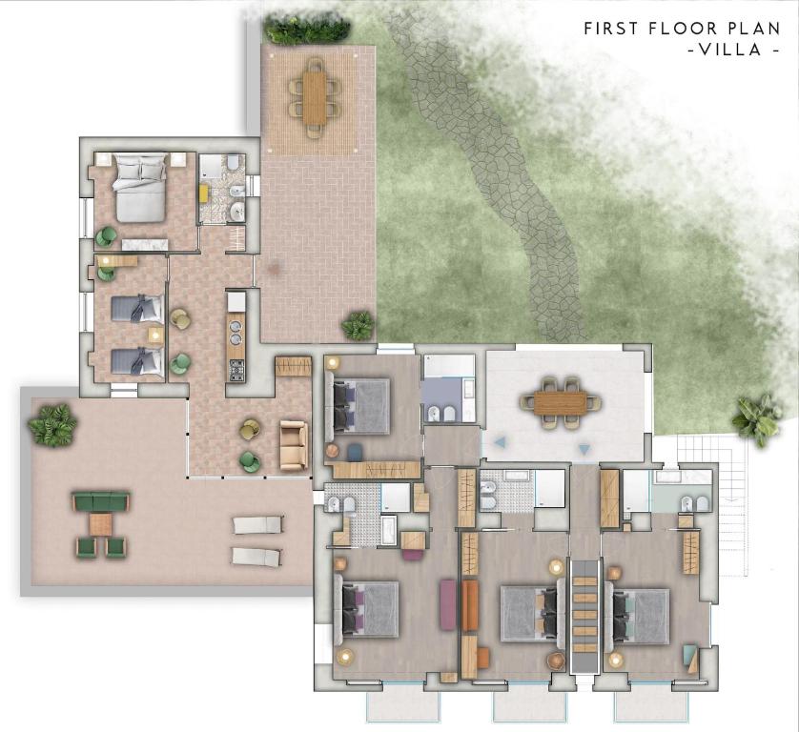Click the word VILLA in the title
[x=729, y=50]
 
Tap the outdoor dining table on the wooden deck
[x=315, y=97]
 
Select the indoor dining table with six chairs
[x=560, y=402]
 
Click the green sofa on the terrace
[x=100, y=501]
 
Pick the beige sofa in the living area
[x=294, y=445]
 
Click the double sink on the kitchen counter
[x=236, y=331]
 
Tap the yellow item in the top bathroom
[x=203, y=193]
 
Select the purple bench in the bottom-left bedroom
[x=447, y=604]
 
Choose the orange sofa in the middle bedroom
[x=469, y=606]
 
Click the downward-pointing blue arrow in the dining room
[x=584, y=449]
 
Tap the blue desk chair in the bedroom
[x=356, y=452]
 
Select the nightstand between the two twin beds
[x=155, y=335]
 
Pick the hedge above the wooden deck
[x=307, y=30]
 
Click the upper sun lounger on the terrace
[x=257, y=524]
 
